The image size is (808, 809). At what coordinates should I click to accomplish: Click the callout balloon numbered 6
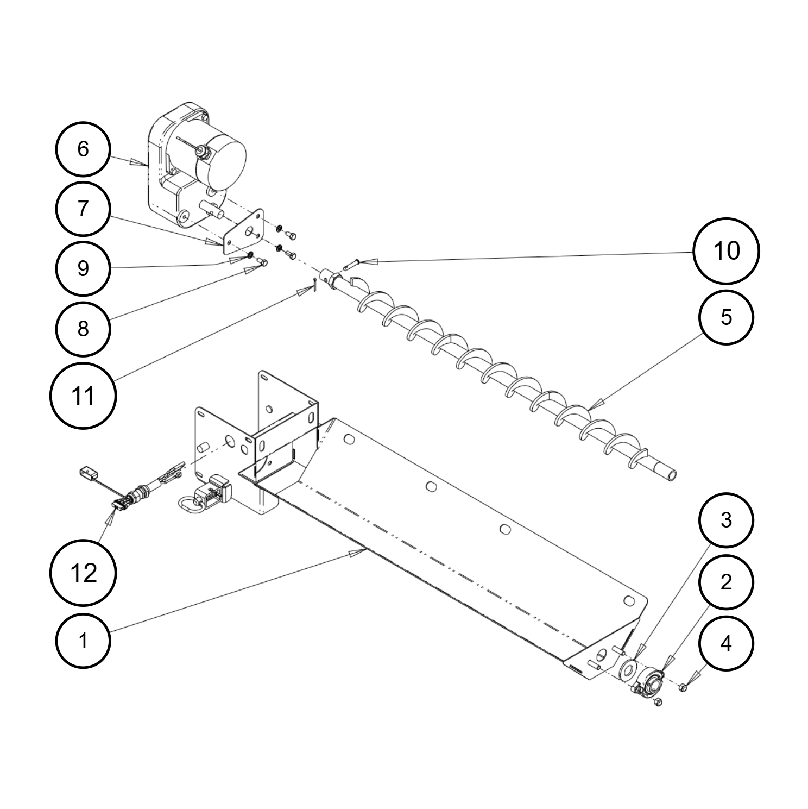point(83,149)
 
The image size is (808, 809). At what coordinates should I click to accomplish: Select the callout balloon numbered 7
point(83,209)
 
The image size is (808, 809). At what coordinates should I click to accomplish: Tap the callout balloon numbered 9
point(83,268)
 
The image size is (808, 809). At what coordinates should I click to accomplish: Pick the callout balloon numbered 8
point(83,328)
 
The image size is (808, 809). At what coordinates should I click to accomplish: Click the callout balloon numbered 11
point(83,396)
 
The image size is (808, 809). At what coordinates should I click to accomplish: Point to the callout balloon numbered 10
point(726,251)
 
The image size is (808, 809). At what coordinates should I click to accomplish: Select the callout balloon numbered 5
point(726,317)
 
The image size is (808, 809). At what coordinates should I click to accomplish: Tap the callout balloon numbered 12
point(83,573)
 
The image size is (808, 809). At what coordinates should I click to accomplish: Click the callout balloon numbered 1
point(83,641)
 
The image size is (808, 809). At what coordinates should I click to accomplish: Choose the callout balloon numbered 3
point(726,520)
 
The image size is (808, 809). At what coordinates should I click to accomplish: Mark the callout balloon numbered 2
point(726,582)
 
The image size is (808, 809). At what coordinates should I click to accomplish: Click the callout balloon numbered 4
point(726,644)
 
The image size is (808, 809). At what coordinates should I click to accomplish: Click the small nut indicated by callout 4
point(683,688)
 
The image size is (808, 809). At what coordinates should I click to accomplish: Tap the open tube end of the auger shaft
point(672,475)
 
